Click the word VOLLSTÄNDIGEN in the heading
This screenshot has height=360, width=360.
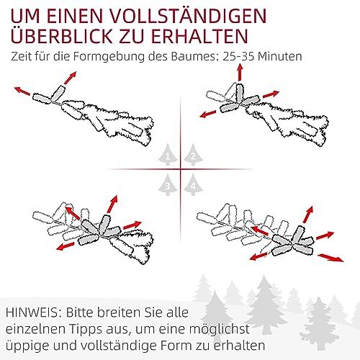point(188,16)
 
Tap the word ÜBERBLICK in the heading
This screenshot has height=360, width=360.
point(61,35)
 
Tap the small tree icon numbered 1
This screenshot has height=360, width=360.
point(168,155)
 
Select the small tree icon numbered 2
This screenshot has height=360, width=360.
point(194,155)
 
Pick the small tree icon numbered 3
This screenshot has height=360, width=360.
point(168,184)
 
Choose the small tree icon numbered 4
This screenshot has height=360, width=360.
point(194,184)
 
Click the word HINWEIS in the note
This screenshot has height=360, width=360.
point(32,312)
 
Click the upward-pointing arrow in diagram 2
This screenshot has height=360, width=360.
point(240,72)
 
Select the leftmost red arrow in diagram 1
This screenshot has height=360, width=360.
point(22,91)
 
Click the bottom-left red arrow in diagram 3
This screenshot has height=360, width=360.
point(66,246)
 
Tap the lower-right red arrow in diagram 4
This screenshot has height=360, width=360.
point(330,258)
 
